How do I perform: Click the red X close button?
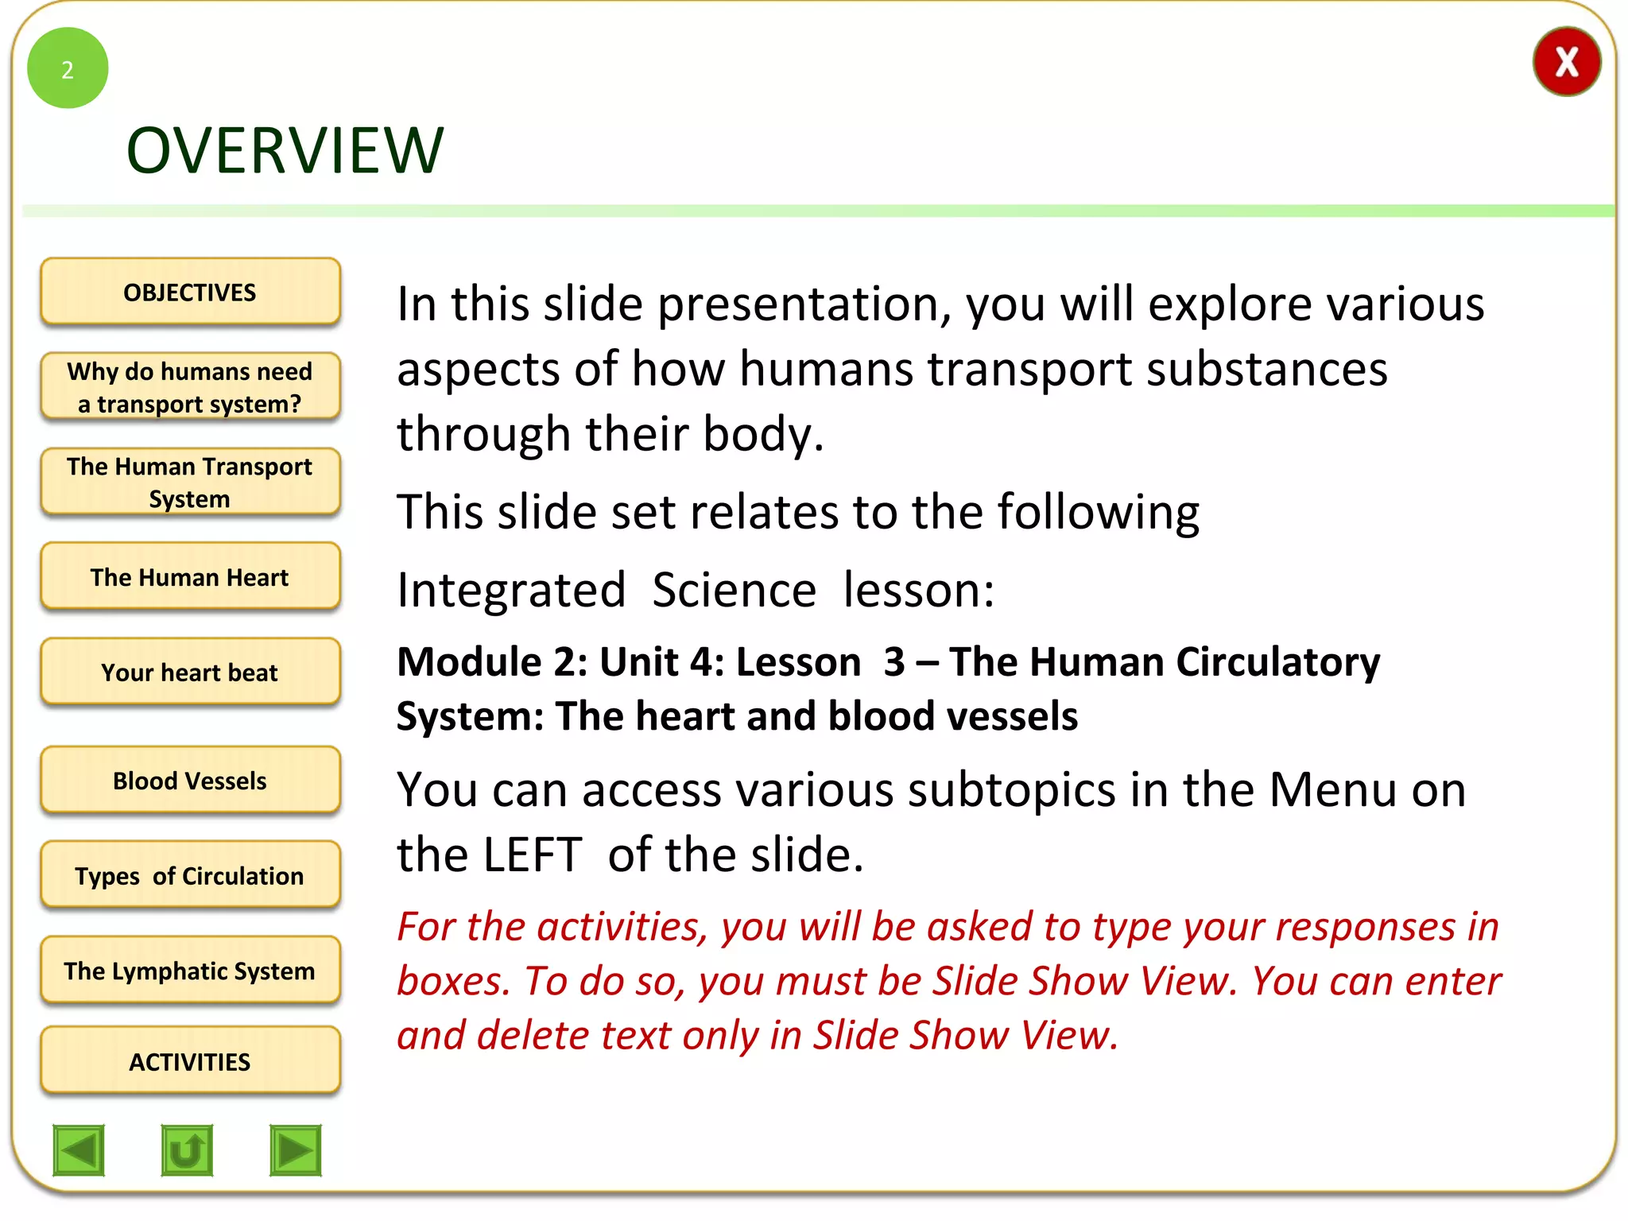[1566, 62]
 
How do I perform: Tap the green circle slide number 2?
[68, 68]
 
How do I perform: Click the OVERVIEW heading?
[285, 150]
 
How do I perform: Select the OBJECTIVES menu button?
[190, 292]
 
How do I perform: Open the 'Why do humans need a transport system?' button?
[190, 387]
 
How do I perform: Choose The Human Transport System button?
[190, 483]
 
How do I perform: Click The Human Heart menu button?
[190, 577]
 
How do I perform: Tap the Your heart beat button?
[190, 673]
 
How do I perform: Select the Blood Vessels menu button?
[190, 781]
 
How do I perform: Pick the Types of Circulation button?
[190, 875]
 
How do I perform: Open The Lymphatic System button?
[190, 971]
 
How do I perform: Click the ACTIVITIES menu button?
[190, 1061]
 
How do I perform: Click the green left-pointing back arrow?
[79, 1150]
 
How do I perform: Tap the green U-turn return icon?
[187, 1150]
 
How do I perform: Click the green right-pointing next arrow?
[296, 1150]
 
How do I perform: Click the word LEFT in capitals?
[533, 855]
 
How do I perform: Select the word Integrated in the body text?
[511, 591]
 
